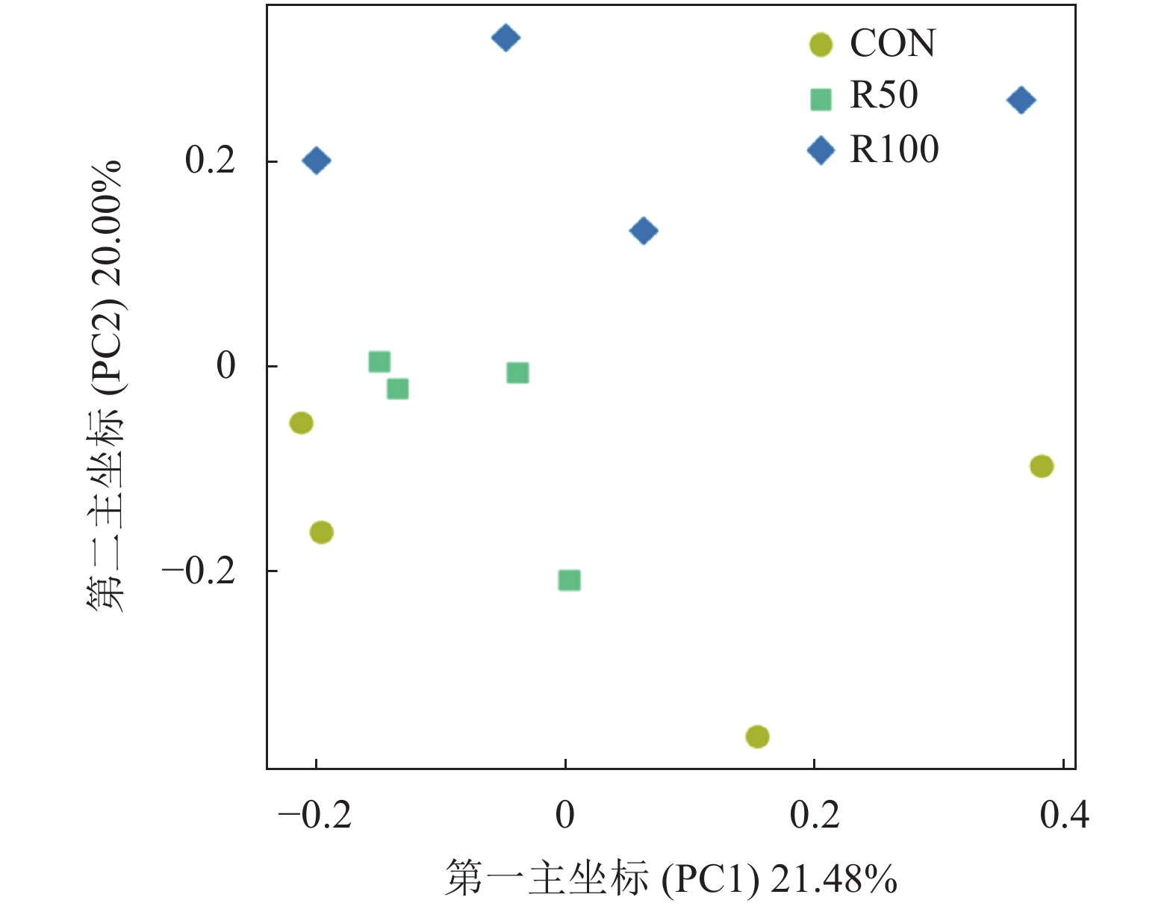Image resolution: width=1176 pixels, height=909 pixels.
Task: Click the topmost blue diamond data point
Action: tap(505, 37)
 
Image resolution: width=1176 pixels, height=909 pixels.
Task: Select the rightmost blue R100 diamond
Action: tap(1021, 100)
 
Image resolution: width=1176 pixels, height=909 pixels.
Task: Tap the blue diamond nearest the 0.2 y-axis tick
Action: tap(317, 161)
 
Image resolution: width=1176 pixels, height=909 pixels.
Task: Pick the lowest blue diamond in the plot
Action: tap(644, 231)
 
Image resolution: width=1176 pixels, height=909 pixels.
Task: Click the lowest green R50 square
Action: tap(569, 580)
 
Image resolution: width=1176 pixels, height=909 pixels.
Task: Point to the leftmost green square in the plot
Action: tap(379, 362)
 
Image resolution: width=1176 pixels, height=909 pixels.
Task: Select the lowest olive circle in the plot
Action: tap(757, 736)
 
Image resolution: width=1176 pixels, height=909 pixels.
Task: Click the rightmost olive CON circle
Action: tap(1042, 466)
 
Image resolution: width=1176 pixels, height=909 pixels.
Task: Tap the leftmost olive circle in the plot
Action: tap(301, 424)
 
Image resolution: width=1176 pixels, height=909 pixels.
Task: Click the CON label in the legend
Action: tap(892, 44)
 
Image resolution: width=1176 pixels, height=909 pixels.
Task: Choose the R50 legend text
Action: tap(883, 96)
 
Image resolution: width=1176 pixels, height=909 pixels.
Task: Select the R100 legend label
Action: tap(894, 149)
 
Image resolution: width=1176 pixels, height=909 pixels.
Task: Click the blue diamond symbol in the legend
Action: tap(821, 150)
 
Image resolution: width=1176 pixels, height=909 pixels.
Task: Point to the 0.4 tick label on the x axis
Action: tap(1064, 815)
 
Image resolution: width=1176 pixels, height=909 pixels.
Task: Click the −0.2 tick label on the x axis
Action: tap(314, 815)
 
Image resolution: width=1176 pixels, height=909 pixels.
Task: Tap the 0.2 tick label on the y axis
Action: tap(211, 161)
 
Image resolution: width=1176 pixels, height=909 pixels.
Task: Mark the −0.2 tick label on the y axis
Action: tap(199, 571)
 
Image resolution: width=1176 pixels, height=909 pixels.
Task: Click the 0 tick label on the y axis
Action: tap(225, 366)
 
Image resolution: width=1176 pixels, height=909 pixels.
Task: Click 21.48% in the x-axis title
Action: tap(833, 879)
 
